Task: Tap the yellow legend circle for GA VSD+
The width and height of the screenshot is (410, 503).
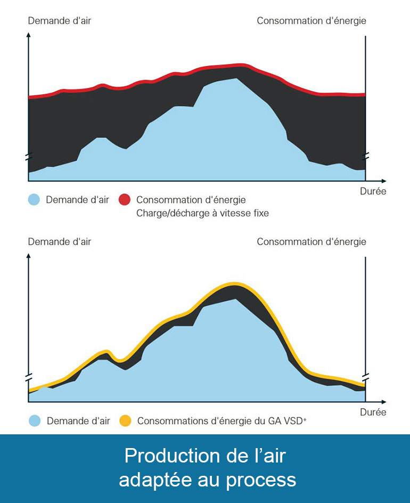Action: (125, 420)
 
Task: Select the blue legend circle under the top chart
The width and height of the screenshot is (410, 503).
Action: (34, 200)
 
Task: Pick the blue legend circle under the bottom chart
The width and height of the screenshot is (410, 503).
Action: (35, 420)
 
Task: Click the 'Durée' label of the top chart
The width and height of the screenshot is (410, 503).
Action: (373, 191)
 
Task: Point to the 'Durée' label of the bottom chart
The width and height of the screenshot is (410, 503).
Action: (373, 412)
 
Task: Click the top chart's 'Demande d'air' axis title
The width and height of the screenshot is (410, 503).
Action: (59, 21)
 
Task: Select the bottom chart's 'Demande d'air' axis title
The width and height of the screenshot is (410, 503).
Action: (59, 241)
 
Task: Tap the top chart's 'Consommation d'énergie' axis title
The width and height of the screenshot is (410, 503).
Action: (311, 21)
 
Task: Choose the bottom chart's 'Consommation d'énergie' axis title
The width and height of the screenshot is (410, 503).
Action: (311, 241)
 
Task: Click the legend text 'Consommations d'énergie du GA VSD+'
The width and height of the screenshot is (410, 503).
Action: (222, 420)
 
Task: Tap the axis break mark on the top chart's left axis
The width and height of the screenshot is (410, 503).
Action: (28, 157)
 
